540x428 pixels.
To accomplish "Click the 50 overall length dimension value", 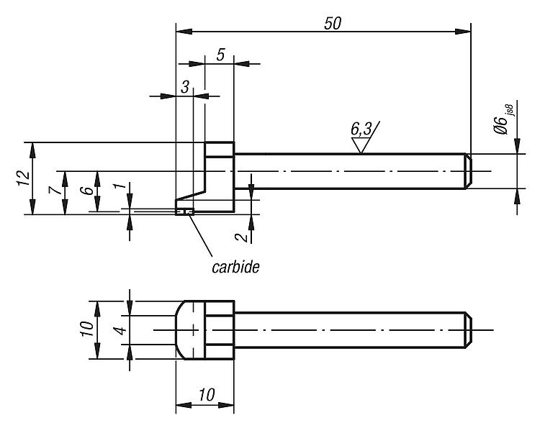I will pos(332,22).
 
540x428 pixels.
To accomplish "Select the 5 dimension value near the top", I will pos(220,55).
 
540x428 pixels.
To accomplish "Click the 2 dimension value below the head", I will pos(245,235).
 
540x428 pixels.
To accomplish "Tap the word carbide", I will pos(235,267).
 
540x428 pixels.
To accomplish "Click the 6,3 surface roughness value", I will pos(362,129).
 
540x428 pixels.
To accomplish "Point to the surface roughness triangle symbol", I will pos(359,145).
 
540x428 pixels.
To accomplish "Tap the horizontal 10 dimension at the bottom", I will pos(205,394).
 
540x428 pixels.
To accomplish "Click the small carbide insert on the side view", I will pos(185,211).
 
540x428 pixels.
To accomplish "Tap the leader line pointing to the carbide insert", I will pos(201,235).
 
